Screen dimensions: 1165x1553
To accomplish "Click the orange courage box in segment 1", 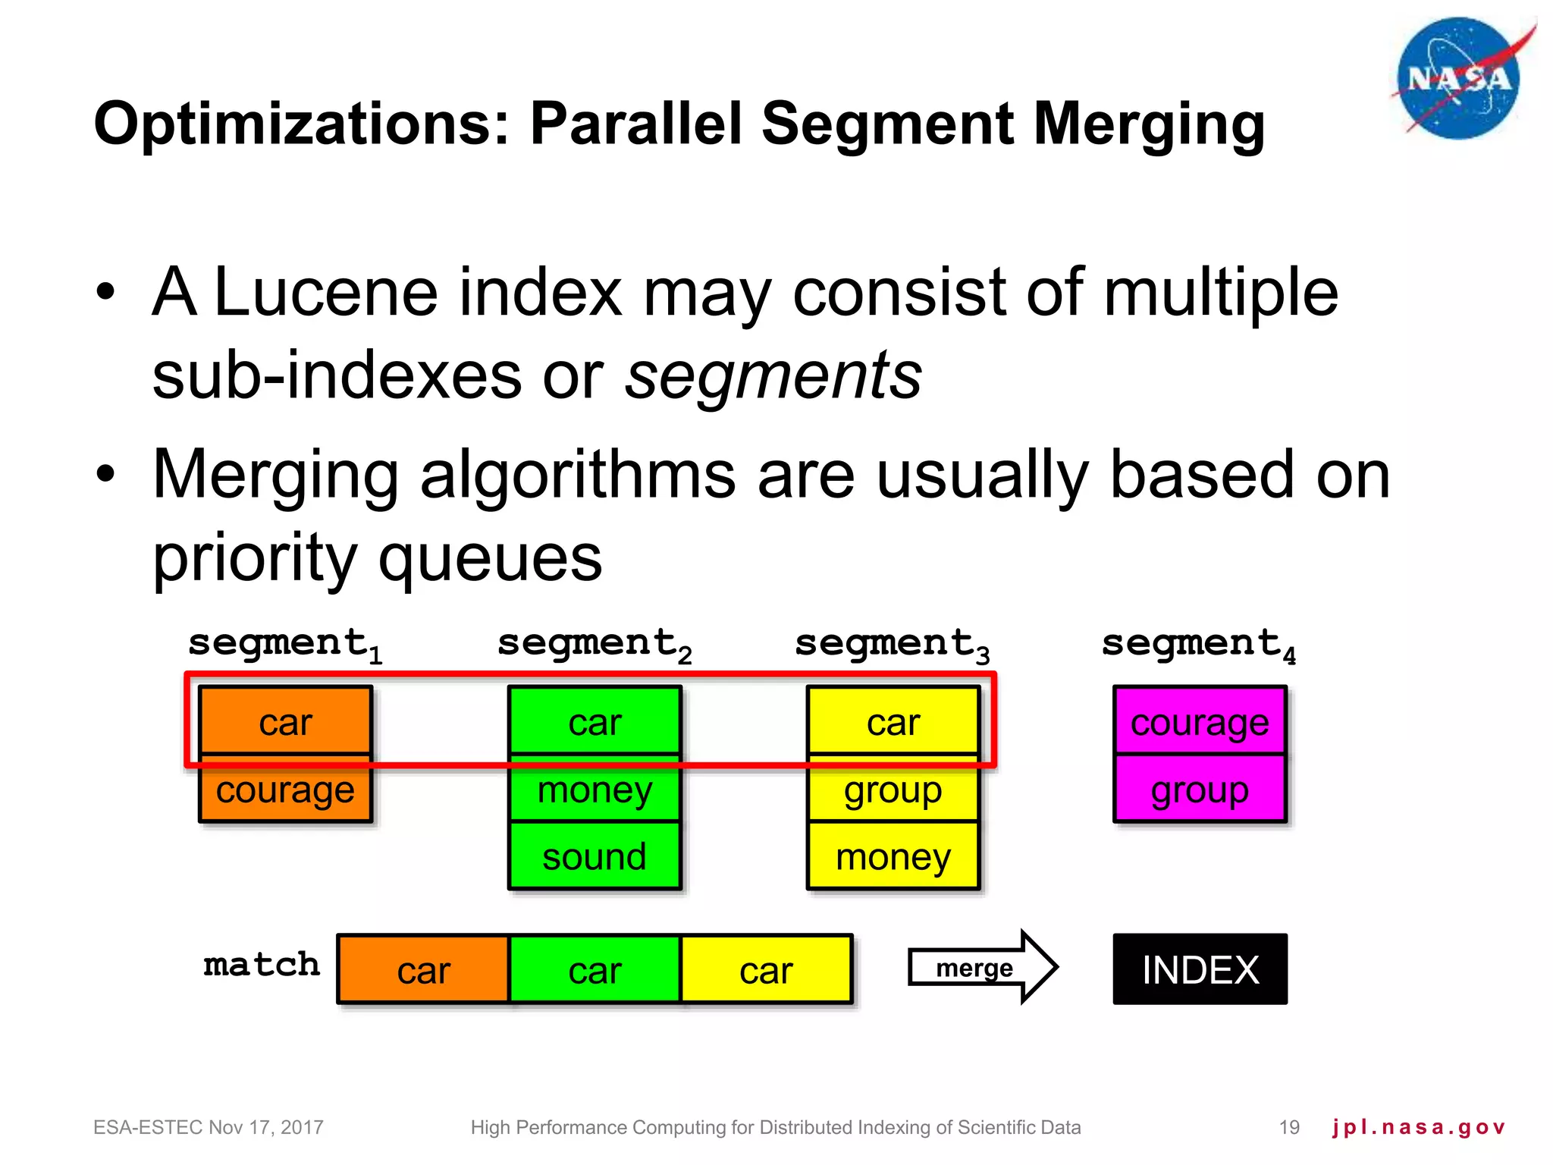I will point(285,790).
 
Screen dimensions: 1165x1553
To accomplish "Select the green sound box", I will point(595,857).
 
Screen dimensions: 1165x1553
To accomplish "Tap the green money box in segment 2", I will point(595,790).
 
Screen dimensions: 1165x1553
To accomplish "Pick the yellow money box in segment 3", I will point(893,857).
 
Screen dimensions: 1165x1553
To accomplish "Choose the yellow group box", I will point(893,790).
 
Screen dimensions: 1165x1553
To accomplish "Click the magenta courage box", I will point(1200,722).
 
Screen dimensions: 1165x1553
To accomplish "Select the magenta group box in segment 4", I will point(1200,790).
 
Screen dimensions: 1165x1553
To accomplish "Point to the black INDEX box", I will point(1200,969).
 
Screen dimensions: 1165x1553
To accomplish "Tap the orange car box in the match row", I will point(423,970).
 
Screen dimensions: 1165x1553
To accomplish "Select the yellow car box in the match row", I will point(766,970).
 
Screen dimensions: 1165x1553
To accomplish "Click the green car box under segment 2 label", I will point(595,722).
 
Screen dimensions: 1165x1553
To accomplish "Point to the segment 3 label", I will point(892,645).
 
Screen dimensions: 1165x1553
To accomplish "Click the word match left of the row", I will point(262,966).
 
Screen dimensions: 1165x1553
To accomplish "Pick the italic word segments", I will point(773,375).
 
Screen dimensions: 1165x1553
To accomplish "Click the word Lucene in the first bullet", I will point(326,293).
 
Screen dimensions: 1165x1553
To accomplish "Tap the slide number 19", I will point(1289,1127).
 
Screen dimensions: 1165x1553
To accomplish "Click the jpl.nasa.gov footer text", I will point(1418,1127).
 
